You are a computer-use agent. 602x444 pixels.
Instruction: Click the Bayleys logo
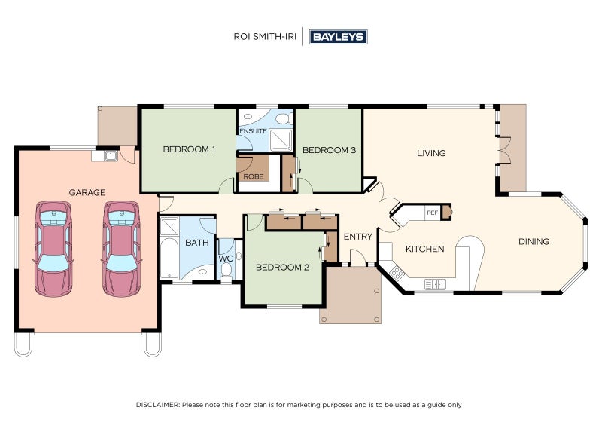338,37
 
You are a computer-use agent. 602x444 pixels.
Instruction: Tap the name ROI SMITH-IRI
265,37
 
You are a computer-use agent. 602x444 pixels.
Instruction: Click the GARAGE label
87,192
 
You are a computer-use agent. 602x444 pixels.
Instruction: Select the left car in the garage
53,249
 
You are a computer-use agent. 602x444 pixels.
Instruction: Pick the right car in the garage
121,249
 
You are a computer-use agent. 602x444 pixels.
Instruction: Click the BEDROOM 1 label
190,149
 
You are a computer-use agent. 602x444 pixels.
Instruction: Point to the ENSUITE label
253,131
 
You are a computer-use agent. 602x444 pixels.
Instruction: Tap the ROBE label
254,176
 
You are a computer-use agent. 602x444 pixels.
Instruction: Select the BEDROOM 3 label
329,150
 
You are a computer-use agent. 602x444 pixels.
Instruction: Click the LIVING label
431,153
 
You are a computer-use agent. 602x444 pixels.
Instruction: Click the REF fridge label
432,213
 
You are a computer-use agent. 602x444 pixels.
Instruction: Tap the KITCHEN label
425,249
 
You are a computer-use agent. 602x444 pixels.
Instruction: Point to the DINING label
534,242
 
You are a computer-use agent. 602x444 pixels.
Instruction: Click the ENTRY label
358,237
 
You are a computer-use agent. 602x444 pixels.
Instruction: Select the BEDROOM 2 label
283,268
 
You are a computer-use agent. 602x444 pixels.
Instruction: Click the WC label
226,259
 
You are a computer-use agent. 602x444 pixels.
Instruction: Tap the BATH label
197,243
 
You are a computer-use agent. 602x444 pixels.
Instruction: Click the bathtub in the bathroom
169,258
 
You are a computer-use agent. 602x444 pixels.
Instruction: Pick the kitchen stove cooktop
397,274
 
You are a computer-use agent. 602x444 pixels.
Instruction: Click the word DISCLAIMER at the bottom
157,405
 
